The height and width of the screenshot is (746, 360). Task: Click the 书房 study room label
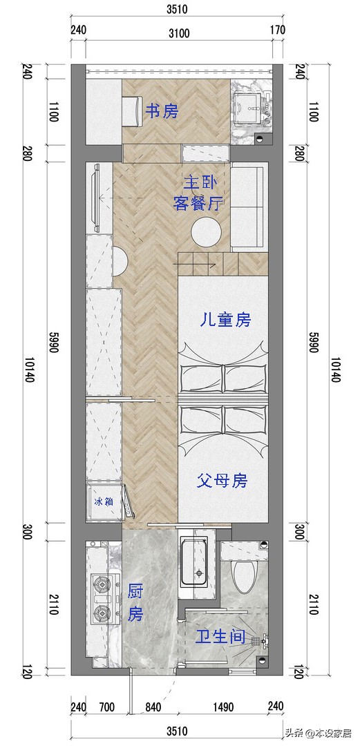tap(161, 111)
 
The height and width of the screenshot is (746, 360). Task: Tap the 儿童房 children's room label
tap(224, 320)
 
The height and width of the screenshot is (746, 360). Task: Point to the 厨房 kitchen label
tap(135, 602)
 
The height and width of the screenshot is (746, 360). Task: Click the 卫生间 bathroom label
tap(220, 636)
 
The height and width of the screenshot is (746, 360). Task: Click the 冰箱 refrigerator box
tap(104, 501)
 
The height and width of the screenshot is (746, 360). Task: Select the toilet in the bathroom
tap(243, 575)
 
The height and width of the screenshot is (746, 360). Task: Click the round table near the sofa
tap(206, 233)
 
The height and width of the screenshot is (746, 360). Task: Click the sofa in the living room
tap(247, 207)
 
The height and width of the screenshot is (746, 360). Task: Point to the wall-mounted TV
tap(97, 198)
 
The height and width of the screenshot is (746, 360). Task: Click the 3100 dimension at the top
tap(179, 32)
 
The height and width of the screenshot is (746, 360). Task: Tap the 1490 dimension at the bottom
tap(224, 707)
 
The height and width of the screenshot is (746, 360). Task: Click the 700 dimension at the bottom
tap(106, 707)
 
